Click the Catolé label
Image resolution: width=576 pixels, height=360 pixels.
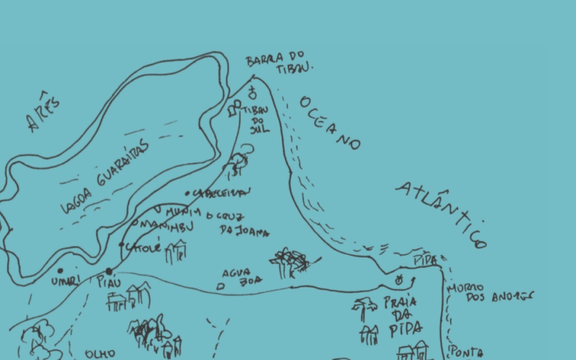pyautogui.click(x=144, y=247)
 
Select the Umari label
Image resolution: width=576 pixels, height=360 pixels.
pyautogui.click(x=63, y=282)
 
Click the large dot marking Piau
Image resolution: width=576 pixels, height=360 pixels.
pyautogui.click(x=109, y=271)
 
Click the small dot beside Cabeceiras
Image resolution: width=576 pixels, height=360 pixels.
pyautogui.click(x=186, y=193)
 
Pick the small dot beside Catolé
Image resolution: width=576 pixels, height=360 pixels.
pyautogui.click(x=122, y=246)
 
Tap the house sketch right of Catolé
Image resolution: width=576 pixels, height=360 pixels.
pyautogui.click(x=176, y=252)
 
